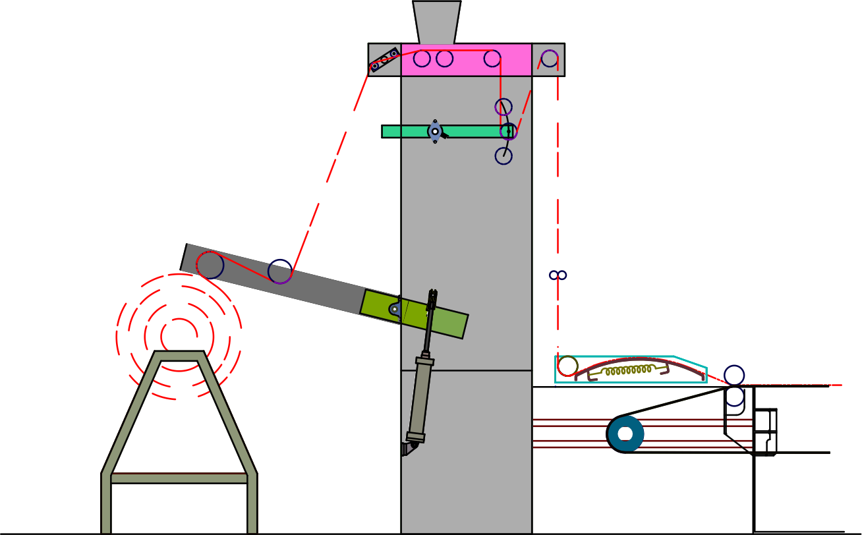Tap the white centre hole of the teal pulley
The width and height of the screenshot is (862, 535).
625,434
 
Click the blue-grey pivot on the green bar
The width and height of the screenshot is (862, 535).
435,132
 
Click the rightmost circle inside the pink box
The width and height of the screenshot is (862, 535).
492,59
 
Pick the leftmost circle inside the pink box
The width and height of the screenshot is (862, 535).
422,59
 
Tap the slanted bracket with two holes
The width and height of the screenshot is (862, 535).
384,60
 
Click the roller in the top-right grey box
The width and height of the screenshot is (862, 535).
550,59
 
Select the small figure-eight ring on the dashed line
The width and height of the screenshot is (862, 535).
558,275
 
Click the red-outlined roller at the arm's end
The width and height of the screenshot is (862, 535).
210,265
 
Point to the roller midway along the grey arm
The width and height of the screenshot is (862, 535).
280,271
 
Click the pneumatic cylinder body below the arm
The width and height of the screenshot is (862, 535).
420,399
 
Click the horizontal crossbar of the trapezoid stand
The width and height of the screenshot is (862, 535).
179,478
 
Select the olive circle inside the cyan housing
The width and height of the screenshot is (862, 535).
567,366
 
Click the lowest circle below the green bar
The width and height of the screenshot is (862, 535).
503,156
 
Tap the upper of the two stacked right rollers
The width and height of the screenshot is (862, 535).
734,375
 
